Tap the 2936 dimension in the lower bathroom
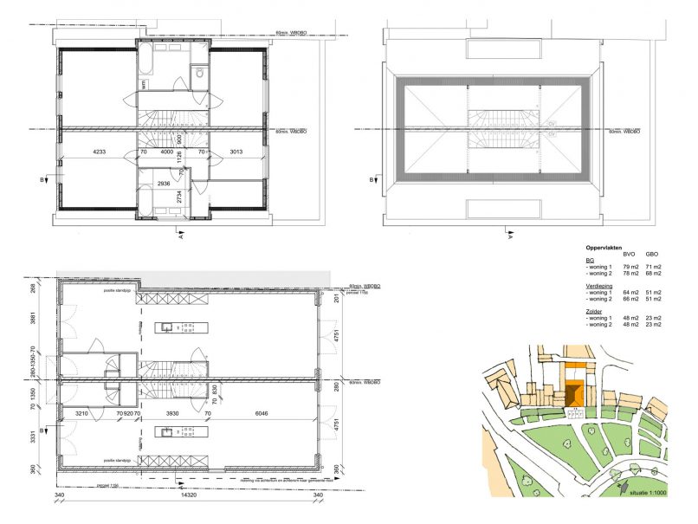(163, 184)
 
